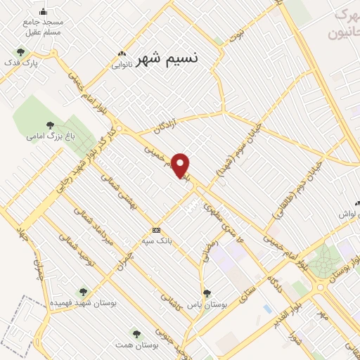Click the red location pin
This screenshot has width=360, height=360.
[x=181, y=165]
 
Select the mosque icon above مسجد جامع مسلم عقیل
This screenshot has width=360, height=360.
[x=43, y=11]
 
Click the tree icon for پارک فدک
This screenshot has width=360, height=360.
[x=20, y=51]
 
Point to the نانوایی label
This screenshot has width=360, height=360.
[x=122, y=65]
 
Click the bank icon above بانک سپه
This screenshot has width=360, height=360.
[x=156, y=229]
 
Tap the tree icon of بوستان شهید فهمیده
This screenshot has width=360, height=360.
[x=83, y=291]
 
